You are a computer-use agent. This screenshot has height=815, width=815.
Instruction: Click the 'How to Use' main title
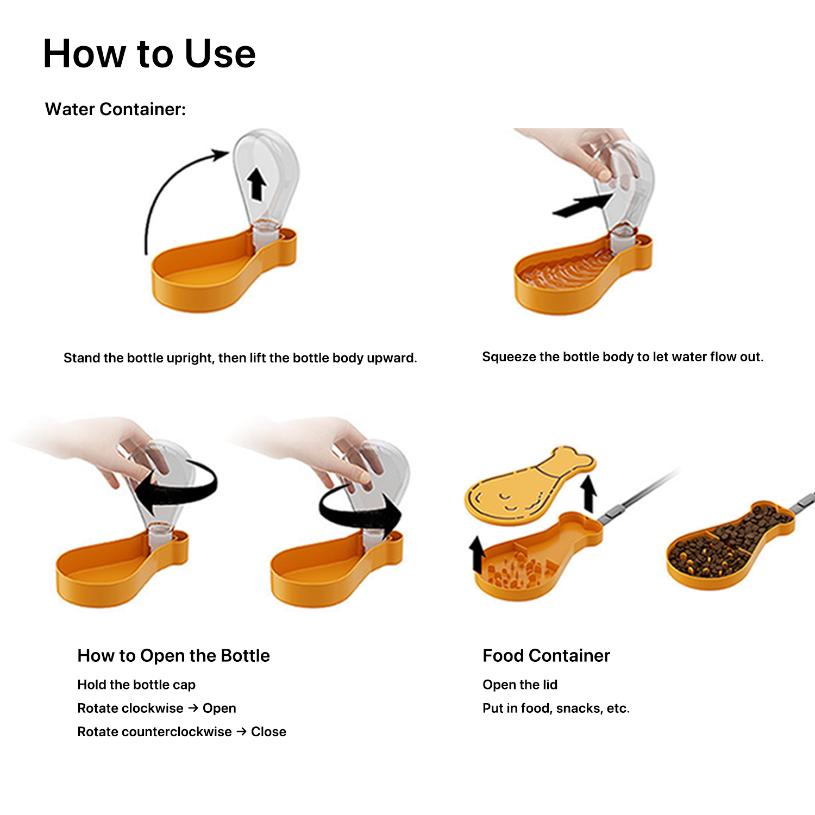click(149, 54)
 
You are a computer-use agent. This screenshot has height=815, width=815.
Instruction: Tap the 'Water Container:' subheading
click(115, 109)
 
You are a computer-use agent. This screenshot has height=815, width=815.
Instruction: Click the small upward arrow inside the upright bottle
click(256, 184)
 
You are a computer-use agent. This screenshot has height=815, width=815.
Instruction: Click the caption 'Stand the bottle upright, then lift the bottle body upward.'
click(240, 358)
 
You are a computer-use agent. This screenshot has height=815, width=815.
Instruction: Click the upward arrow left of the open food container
click(477, 554)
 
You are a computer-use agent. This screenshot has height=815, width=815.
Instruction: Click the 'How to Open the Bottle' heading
click(173, 656)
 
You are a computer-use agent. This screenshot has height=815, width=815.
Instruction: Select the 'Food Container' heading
click(546, 656)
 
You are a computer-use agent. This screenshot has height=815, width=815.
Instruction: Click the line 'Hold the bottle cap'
click(136, 685)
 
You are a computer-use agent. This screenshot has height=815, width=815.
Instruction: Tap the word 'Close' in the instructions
click(268, 732)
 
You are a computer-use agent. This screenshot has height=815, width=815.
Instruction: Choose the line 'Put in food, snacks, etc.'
click(556, 709)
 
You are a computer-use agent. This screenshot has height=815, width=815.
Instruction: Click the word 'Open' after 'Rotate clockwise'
click(219, 709)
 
